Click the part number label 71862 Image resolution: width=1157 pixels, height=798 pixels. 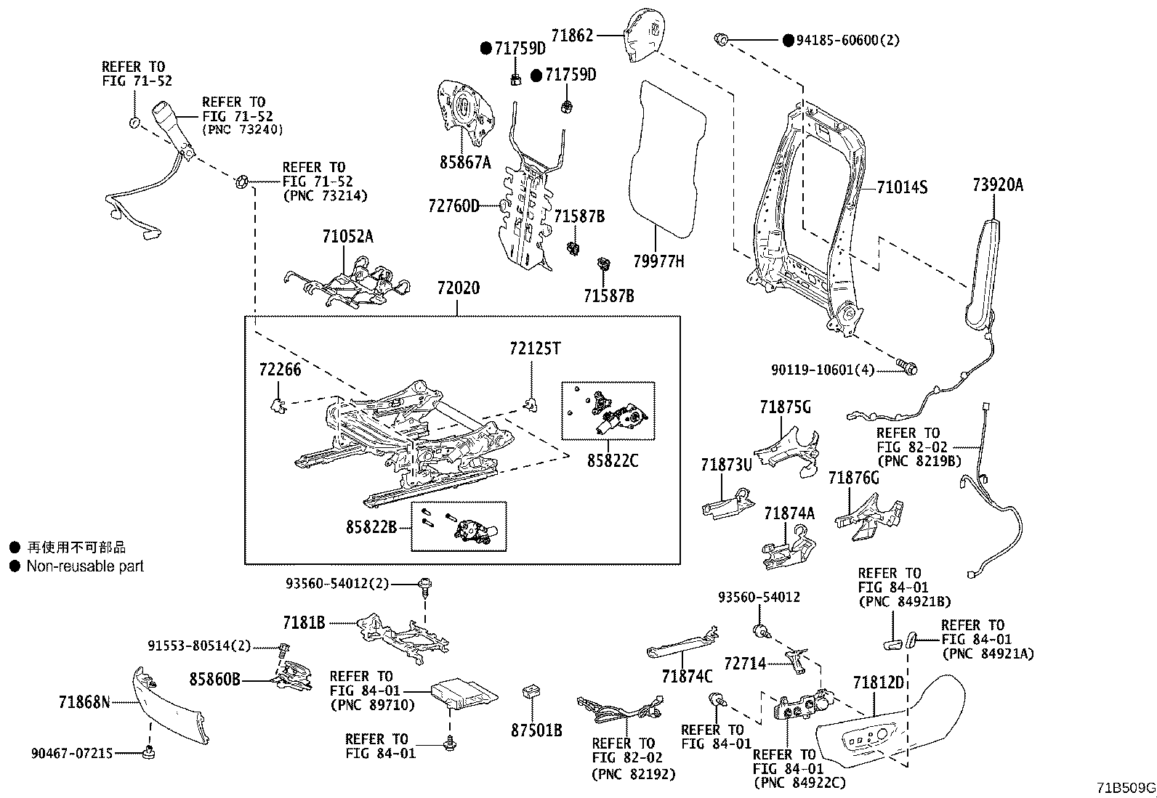(572, 35)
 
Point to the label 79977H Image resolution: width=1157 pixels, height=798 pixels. (658, 261)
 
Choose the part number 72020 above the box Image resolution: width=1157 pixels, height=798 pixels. (458, 288)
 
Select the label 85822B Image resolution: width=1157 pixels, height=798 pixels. (371, 526)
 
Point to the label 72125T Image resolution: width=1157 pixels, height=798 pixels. (535, 349)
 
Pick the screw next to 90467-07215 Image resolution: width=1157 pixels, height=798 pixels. (150, 753)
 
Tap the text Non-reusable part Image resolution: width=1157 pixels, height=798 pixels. (85, 566)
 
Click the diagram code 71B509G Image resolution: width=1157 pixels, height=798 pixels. (1126, 787)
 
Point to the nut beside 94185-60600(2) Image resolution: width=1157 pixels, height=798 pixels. (721, 38)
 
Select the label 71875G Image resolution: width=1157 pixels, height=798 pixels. (785, 407)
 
